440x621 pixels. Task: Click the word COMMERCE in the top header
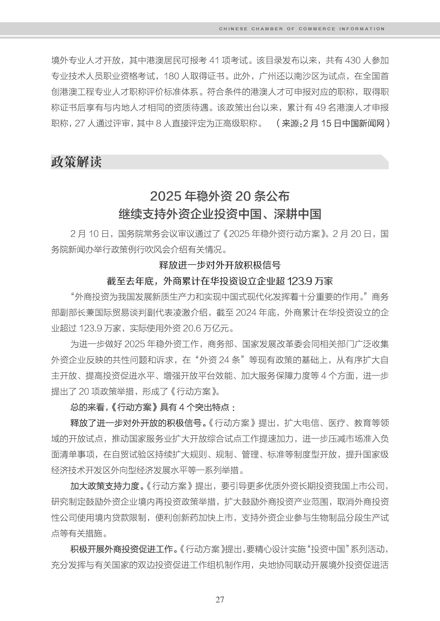317,29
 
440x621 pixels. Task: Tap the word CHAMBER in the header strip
267,29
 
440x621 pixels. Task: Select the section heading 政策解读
76,162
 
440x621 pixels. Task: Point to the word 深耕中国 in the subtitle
297,214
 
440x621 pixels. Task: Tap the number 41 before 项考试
214,60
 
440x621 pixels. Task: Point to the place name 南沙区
307,76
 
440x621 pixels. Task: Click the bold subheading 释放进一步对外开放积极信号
220,265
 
